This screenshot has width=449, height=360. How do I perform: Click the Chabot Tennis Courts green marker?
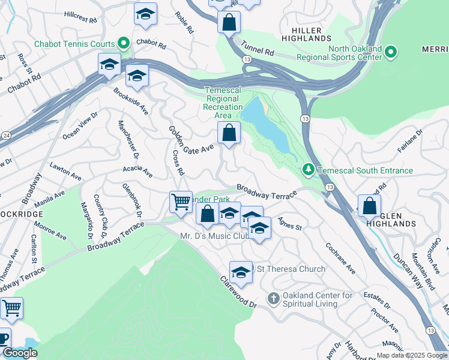124,43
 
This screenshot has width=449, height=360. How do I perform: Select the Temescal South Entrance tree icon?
309,170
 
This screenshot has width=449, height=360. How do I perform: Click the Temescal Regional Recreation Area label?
223,103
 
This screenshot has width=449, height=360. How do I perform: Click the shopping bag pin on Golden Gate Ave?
229,133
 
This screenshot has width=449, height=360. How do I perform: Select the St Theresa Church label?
291,269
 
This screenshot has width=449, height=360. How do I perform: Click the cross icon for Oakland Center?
273,298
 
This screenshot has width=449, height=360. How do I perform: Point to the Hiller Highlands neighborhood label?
315,34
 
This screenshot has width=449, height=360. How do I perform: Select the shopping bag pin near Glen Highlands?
369,206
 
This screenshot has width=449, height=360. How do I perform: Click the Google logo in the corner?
20,353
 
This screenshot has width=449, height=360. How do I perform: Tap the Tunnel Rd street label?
258,49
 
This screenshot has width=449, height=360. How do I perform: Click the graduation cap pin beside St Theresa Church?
241,272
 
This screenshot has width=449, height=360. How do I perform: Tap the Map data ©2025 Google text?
412,355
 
